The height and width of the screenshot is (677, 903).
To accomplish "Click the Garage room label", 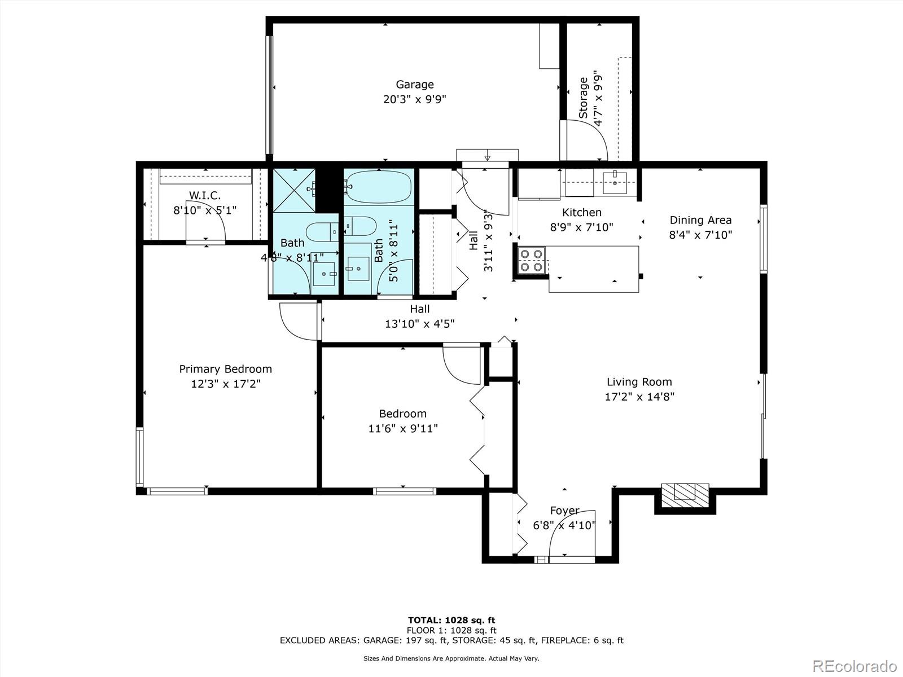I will click(414, 85).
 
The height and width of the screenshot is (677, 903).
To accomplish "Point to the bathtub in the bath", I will click(379, 187).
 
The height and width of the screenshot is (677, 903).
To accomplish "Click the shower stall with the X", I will click(294, 190).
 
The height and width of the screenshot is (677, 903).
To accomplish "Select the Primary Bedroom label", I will click(225, 369).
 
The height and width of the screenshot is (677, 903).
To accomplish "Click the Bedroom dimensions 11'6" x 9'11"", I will click(402, 429).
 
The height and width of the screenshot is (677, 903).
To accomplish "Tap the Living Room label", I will click(639, 382).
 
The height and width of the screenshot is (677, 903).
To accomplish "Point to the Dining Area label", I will click(700, 221).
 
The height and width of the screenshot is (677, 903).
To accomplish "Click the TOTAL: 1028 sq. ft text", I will click(451, 620).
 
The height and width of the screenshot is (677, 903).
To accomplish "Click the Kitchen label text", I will click(581, 213).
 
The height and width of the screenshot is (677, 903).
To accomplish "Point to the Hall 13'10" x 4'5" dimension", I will click(419, 324).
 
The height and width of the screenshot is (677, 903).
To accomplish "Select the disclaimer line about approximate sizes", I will click(451, 658).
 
